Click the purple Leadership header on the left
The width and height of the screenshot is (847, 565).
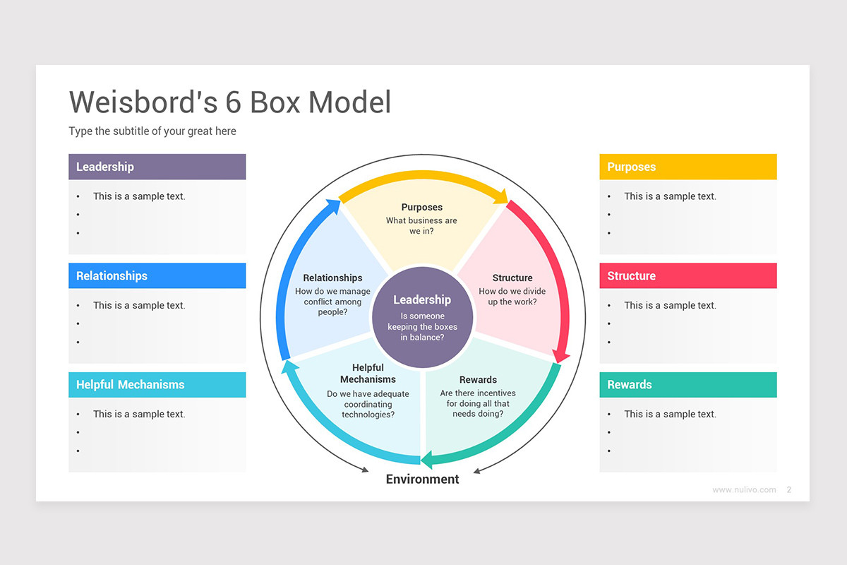click(x=157, y=167)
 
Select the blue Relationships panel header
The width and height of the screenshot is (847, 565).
click(x=157, y=276)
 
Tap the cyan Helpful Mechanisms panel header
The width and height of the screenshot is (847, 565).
click(x=157, y=385)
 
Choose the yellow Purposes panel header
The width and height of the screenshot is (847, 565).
click(x=687, y=167)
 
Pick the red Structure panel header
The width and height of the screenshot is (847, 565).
click(x=687, y=276)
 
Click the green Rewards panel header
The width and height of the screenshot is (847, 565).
click(x=687, y=385)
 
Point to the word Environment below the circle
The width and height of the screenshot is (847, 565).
click(x=422, y=480)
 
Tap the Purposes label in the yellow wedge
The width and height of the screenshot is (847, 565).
click(x=422, y=207)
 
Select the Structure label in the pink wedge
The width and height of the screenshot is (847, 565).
click(x=512, y=278)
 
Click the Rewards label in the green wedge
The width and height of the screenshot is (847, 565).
click(x=478, y=380)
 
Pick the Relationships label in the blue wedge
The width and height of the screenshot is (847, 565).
click(x=332, y=278)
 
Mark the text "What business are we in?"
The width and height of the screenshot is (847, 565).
click(x=422, y=225)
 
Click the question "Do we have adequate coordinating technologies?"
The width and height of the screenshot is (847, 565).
click(x=368, y=404)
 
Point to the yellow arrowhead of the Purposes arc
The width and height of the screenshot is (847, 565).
click(x=502, y=197)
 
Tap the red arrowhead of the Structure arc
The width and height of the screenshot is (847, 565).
click(x=560, y=356)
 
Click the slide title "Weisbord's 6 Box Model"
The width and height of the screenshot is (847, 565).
click(x=230, y=102)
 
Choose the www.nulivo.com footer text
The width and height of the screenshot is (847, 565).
click(x=744, y=489)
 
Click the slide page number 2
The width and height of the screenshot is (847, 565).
click(x=789, y=489)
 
